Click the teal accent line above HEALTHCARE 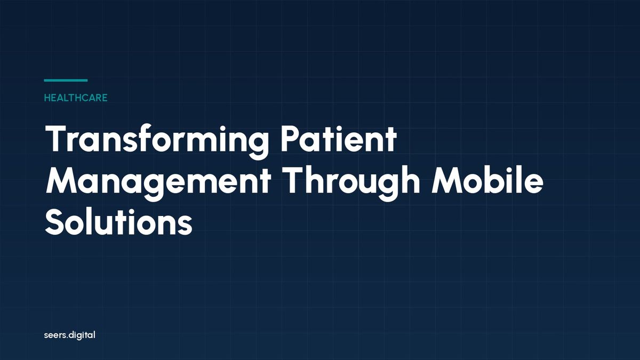click(x=66, y=81)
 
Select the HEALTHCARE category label click(x=76, y=98)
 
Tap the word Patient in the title click(x=338, y=139)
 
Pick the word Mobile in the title click(x=487, y=181)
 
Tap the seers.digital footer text click(x=70, y=335)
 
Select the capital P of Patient click(x=291, y=139)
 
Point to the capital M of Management click(x=63, y=181)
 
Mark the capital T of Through click(x=295, y=181)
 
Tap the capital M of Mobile click(x=449, y=181)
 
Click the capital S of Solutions click(x=55, y=222)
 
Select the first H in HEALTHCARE click(x=47, y=98)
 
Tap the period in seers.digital click(x=67, y=338)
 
